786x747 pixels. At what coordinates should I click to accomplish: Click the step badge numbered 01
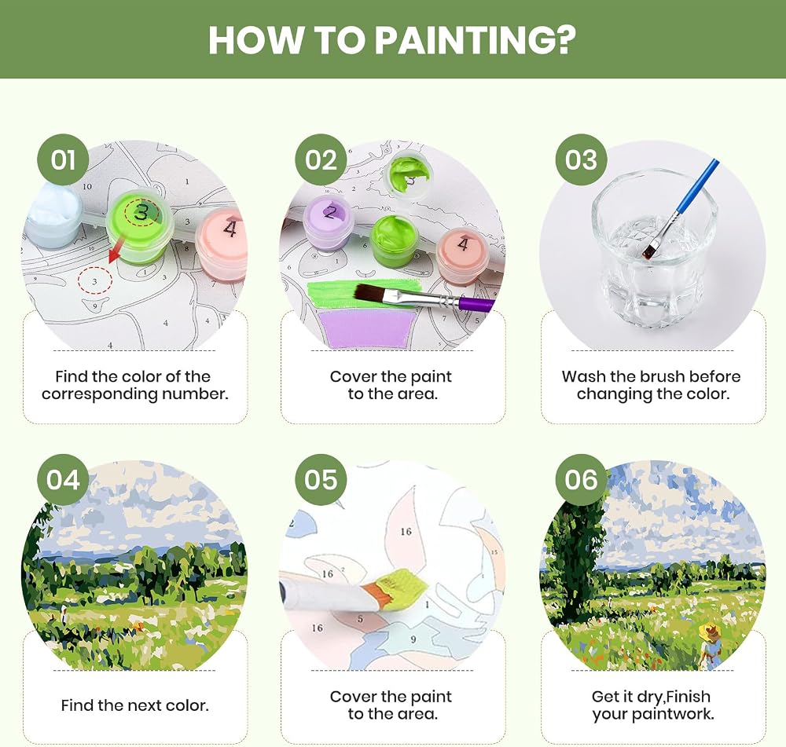(x=63, y=159)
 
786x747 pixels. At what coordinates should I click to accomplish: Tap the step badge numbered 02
(x=321, y=159)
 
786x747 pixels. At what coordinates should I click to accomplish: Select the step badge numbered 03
(x=582, y=159)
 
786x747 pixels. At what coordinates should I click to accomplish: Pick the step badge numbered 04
(x=63, y=480)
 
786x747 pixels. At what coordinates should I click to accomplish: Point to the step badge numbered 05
(x=321, y=480)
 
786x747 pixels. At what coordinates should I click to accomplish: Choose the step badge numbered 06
(x=582, y=480)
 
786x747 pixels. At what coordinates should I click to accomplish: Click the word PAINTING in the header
(x=476, y=39)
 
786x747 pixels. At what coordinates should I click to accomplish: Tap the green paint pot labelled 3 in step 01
(x=140, y=229)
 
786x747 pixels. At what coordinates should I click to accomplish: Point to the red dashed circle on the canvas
(x=95, y=281)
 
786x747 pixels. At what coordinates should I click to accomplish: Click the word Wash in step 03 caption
(x=584, y=376)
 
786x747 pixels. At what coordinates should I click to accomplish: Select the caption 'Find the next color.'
(x=135, y=705)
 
